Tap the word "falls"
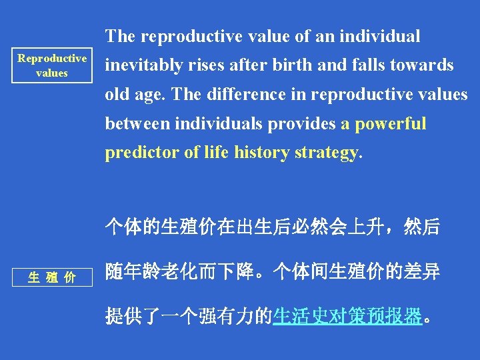[357, 65]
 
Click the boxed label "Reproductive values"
[52, 65]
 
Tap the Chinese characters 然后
[423, 227]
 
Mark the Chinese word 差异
[423, 271]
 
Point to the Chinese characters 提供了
[133, 315]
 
